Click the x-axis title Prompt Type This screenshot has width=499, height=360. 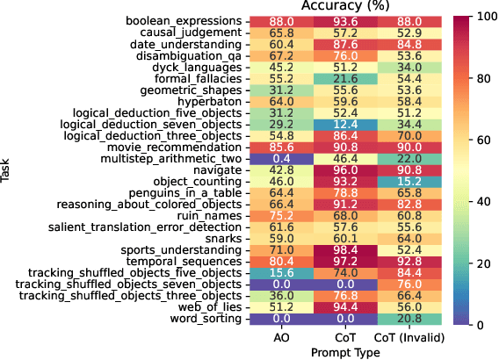click(344, 351)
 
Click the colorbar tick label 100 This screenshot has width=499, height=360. click(483, 17)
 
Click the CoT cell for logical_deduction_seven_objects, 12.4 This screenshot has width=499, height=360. click(344, 124)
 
